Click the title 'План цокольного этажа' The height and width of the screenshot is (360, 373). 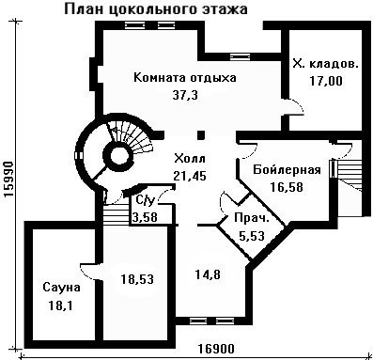point(156,9)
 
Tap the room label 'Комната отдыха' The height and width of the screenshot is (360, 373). point(185,77)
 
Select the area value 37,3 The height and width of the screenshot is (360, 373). point(185,95)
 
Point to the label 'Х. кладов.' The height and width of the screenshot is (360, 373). point(325,64)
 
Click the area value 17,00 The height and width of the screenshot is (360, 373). point(326,81)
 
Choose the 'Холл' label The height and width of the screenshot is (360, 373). point(190,159)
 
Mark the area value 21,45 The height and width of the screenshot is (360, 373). point(190,176)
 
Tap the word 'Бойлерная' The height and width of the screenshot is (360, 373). point(287,170)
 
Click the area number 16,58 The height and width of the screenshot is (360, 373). point(287,187)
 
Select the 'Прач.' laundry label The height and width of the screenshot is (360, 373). point(252,218)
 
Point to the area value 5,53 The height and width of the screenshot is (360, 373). point(252,235)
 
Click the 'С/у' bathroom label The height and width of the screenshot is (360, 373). point(146,200)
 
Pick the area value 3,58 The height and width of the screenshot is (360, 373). point(145,217)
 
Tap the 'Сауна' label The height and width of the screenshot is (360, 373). point(61,287)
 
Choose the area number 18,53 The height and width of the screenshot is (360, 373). point(137,278)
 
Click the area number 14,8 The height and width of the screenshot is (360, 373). point(208,274)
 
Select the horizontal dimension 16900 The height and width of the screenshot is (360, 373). point(216,349)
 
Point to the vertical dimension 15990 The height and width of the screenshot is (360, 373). point(8,180)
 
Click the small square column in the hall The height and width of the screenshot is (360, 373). point(201,135)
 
